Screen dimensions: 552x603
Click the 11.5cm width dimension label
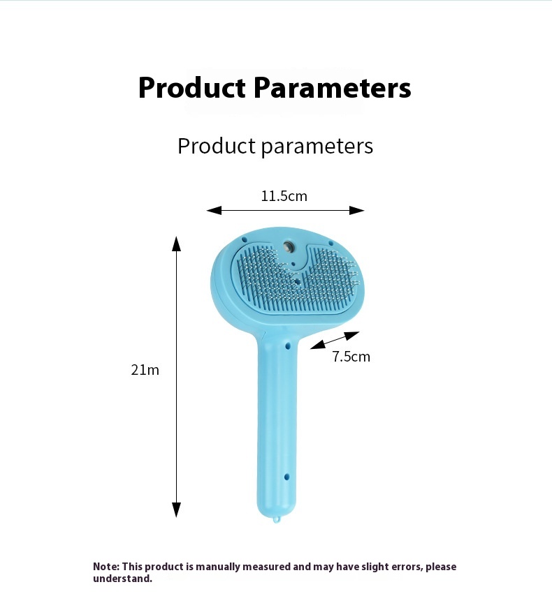point(284,196)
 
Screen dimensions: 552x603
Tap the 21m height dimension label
point(145,370)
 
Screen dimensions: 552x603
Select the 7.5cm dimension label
point(351,357)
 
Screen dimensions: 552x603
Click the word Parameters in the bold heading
point(332,88)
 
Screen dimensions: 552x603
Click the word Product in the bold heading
point(191,88)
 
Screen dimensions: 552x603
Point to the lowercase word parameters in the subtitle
point(317,147)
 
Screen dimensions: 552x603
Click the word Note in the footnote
point(106,567)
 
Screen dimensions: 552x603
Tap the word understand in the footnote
point(122,579)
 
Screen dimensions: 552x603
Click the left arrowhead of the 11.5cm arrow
point(214,210)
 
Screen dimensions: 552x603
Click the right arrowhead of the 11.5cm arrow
point(357,210)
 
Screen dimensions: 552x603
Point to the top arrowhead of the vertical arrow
point(176,244)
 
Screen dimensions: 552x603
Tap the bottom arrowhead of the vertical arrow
point(176,509)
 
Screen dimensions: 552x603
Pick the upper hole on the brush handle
point(288,346)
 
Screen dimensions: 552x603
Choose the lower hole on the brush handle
point(286,477)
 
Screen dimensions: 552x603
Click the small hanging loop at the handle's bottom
point(275,520)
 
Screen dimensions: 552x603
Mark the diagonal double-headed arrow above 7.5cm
point(335,341)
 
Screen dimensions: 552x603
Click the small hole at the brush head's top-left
point(244,239)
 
